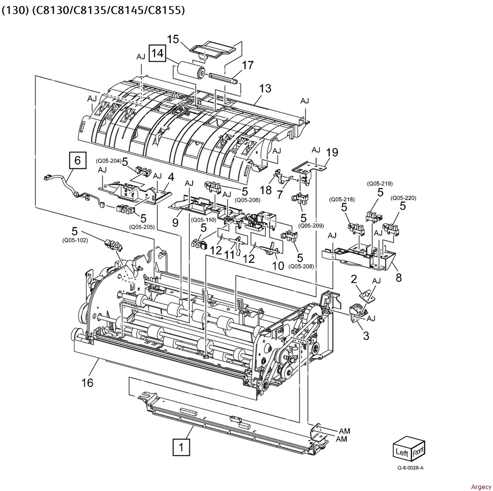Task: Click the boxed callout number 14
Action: click(x=157, y=53)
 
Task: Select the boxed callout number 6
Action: click(x=77, y=161)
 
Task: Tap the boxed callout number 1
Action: click(x=181, y=447)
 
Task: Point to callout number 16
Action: click(x=87, y=383)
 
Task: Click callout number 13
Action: click(x=265, y=88)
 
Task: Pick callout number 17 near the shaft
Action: click(x=248, y=65)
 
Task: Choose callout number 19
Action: click(x=332, y=152)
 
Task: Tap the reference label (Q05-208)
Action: click(x=301, y=267)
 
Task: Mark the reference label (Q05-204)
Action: click(x=108, y=161)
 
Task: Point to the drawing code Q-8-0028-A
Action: click(x=411, y=468)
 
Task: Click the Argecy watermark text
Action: click(x=481, y=487)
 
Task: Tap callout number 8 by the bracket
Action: click(x=399, y=278)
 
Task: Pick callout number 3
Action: click(x=366, y=336)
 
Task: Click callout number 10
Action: click(x=278, y=265)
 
